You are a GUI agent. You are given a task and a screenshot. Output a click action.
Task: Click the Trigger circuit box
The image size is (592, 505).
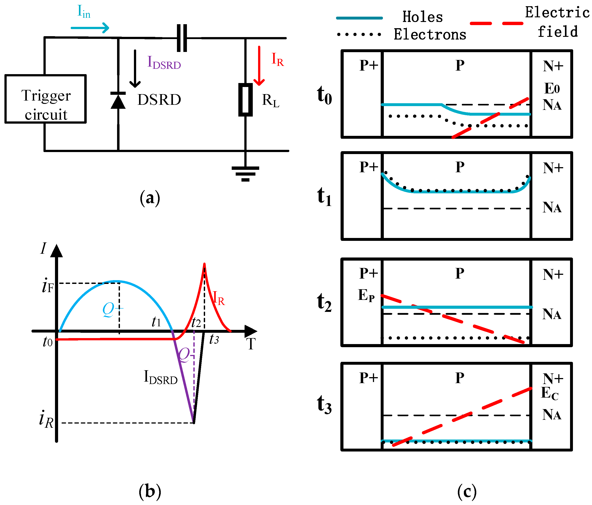45,99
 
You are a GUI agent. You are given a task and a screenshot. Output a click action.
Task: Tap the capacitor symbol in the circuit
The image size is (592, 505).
182,38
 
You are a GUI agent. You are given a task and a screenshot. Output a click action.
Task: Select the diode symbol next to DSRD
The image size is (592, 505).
118,100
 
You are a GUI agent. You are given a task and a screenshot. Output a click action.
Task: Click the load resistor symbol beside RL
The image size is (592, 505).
245,100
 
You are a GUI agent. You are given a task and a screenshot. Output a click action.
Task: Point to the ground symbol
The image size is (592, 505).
245,173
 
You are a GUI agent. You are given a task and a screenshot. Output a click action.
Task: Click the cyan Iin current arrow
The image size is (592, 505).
90,28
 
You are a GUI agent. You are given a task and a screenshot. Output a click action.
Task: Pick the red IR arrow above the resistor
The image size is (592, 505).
259,65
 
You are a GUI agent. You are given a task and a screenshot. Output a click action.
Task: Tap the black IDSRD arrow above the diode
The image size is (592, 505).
135,68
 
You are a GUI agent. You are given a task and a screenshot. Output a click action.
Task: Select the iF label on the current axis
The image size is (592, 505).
47,286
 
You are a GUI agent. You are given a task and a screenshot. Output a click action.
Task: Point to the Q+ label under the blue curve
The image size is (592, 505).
112,309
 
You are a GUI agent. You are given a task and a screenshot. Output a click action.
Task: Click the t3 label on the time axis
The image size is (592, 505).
214,340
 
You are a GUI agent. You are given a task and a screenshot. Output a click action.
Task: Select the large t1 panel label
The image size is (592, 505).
324,197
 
